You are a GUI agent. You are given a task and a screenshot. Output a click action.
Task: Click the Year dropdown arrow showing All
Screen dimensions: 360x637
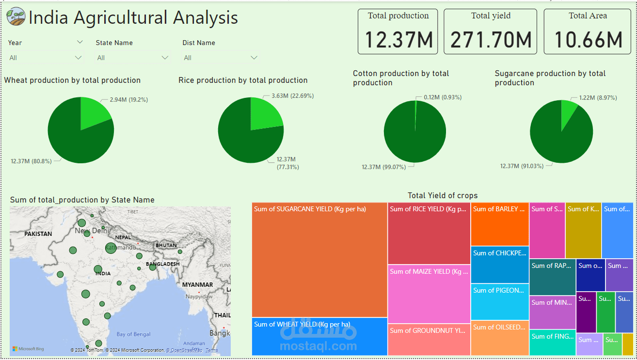(x=78, y=58)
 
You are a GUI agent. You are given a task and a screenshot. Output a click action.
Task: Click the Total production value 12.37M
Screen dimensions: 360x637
(x=398, y=40)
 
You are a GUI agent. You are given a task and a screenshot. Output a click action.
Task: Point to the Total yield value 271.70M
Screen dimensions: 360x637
(x=491, y=40)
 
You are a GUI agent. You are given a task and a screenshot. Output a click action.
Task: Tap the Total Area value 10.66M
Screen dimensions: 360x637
(x=588, y=40)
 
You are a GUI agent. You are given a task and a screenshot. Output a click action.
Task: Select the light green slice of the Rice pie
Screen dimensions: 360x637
(x=265, y=114)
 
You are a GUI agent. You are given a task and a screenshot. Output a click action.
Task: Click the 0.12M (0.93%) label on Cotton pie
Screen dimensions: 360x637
(x=443, y=97)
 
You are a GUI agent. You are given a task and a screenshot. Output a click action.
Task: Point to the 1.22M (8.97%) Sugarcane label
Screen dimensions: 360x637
(x=598, y=97)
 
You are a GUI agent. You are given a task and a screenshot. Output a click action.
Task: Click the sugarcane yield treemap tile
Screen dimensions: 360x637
(x=319, y=262)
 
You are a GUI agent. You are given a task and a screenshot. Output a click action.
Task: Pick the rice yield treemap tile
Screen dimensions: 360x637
(x=429, y=235)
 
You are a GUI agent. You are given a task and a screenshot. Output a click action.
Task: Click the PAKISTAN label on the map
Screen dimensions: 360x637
(x=38, y=234)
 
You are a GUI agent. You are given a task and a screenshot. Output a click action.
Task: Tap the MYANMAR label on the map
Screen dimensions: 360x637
(x=197, y=284)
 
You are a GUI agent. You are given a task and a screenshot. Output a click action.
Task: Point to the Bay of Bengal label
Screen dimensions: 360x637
(x=133, y=334)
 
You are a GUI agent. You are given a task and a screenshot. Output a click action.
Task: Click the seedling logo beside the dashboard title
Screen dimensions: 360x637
(x=16, y=17)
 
